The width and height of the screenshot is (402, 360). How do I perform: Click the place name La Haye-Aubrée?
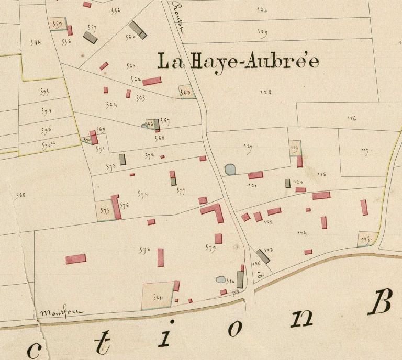238,62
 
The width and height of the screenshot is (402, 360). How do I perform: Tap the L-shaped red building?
214,212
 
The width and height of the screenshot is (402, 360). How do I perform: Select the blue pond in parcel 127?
230,169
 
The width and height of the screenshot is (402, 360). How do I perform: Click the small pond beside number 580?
221,279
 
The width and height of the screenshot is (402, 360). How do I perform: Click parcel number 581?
158,297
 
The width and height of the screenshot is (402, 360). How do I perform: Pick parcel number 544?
36,42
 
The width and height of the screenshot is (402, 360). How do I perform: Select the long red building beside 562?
152,81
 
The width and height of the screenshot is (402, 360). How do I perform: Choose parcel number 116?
351,118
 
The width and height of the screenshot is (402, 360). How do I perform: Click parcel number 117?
365,151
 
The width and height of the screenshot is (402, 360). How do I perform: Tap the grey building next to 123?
263,256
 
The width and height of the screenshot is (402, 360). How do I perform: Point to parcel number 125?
365,240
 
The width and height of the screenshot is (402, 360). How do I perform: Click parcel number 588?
21,195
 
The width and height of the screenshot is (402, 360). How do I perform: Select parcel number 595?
44,92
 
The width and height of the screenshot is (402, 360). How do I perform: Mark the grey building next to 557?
91,37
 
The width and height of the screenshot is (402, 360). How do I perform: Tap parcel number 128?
266,92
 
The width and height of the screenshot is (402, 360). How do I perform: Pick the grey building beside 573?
122,159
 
